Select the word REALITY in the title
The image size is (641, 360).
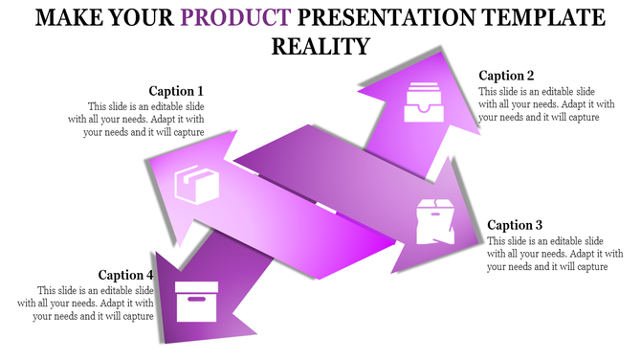click(x=320, y=46)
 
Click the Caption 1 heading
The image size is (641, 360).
click(x=176, y=92)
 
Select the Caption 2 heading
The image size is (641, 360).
click(x=506, y=76)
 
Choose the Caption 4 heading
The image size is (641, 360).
click(x=126, y=275)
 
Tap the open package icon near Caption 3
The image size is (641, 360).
click(x=434, y=219)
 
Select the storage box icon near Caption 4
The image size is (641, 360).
click(x=197, y=301)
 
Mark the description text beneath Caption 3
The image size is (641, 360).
click(x=547, y=254)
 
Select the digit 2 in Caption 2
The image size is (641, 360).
click(x=530, y=76)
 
